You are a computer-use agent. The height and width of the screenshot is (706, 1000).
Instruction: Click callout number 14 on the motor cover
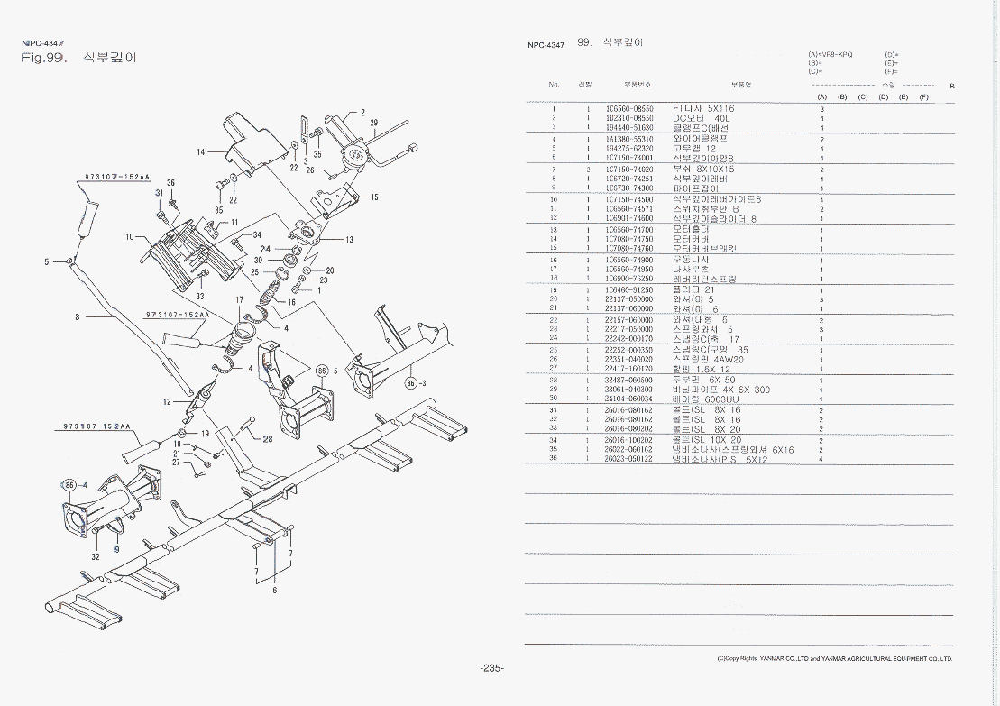pyautogui.click(x=200, y=151)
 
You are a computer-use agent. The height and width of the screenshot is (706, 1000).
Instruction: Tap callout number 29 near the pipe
pyautogui.click(x=373, y=123)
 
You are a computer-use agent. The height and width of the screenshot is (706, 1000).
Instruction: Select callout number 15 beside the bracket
pyautogui.click(x=374, y=197)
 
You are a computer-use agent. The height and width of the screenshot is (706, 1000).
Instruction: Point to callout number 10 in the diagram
pyautogui.click(x=130, y=237)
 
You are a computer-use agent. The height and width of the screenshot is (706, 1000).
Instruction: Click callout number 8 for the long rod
pyautogui.click(x=78, y=316)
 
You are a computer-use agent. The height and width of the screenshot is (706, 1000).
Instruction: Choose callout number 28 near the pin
pyautogui.click(x=268, y=439)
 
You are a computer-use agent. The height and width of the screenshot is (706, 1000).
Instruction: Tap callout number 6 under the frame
pyautogui.click(x=274, y=591)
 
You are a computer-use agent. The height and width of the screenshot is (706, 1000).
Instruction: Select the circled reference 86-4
pyautogui.click(x=73, y=485)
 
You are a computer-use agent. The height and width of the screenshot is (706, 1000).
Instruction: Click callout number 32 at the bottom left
pyautogui.click(x=96, y=556)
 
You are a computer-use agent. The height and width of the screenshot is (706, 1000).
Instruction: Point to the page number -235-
pyautogui.click(x=491, y=668)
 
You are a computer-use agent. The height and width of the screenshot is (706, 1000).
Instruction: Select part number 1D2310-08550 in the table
pyautogui.click(x=629, y=118)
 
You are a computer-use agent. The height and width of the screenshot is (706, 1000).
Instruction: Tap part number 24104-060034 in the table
pyautogui.click(x=629, y=399)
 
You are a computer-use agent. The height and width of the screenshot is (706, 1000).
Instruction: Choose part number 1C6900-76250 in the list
pyautogui.click(x=629, y=279)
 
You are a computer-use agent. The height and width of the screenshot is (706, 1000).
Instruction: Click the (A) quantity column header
pyautogui.click(x=821, y=96)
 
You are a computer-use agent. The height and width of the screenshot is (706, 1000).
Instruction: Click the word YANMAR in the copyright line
pyautogui.click(x=775, y=659)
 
